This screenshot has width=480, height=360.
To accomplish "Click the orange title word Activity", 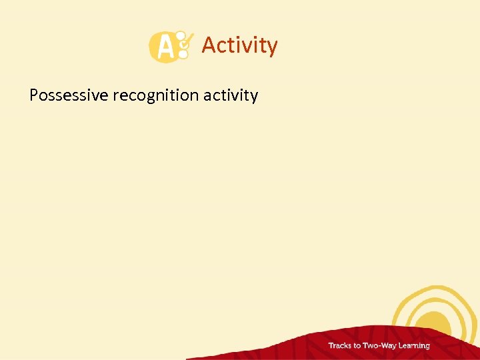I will pos(239,45).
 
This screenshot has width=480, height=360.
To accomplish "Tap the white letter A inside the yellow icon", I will pos(162,48).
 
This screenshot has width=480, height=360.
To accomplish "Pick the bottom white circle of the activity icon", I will pos(183,56).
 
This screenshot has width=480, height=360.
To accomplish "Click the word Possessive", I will pos(69,95).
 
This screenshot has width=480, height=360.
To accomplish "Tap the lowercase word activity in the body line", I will pos(231,95).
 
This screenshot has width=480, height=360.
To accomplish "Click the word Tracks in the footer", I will pos(340,345).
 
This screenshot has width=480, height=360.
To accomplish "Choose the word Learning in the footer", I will pos(415,345).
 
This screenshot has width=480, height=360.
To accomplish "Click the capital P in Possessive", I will pos(34,95).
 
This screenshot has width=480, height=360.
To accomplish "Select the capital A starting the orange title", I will pos(208,45).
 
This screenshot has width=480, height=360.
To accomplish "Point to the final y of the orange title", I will pos(272,47).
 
